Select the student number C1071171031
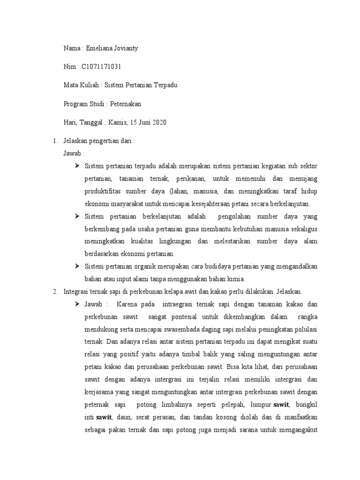[x=101, y=67]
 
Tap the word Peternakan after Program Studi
[x=126, y=104]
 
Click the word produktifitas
[x=105, y=191]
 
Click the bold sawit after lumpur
[x=281, y=405]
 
